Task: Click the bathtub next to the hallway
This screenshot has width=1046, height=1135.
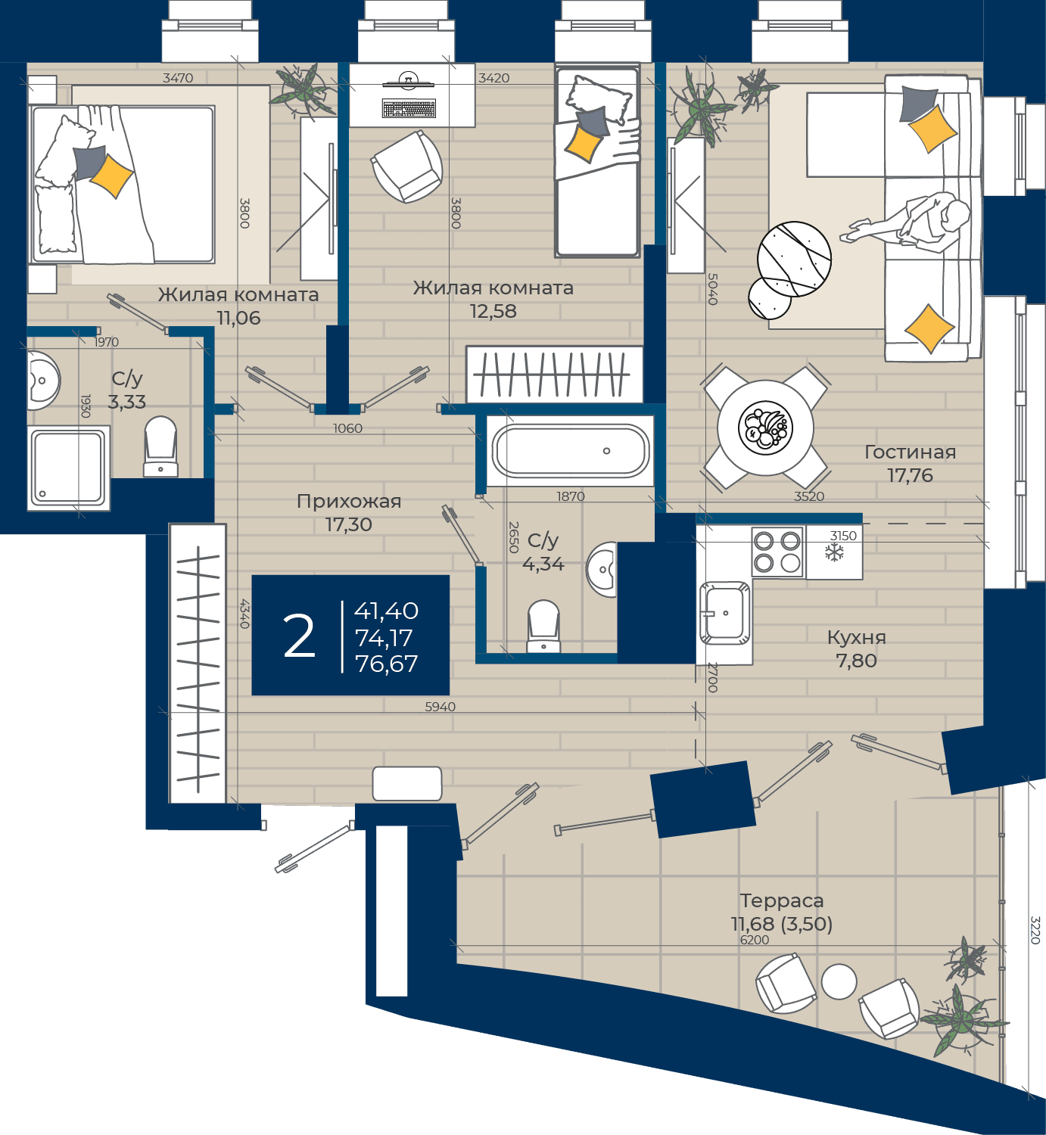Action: pyautogui.click(x=571, y=451)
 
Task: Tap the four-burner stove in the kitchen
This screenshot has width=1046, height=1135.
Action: pyautogui.click(x=777, y=552)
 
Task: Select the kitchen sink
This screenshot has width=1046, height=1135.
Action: pyautogui.click(x=724, y=614)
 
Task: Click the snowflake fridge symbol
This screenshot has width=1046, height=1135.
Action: pyautogui.click(x=834, y=552)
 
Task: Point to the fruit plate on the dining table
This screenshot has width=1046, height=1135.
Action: pyautogui.click(x=765, y=428)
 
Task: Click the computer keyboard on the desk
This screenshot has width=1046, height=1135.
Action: pyautogui.click(x=409, y=108)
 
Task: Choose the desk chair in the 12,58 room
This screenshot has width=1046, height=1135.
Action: pyautogui.click(x=406, y=166)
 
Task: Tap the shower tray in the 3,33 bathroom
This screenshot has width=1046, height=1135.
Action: pyautogui.click(x=68, y=468)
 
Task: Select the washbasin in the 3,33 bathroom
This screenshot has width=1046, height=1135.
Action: pyautogui.click(x=43, y=380)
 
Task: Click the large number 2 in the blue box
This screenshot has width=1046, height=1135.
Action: pyautogui.click(x=299, y=636)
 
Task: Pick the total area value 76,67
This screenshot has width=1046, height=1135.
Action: pyautogui.click(x=387, y=664)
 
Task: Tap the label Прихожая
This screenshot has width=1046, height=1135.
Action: pyautogui.click(x=349, y=502)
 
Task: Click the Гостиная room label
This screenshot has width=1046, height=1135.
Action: pyautogui.click(x=911, y=452)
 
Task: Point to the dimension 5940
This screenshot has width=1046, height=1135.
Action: pyautogui.click(x=441, y=707)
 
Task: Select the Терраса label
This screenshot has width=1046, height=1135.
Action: pyautogui.click(x=781, y=900)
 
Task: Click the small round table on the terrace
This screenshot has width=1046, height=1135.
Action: pyautogui.click(x=839, y=981)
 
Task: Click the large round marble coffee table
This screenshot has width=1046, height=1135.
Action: pyautogui.click(x=794, y=259)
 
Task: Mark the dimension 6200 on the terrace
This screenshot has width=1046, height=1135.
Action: pyautogui.click(x=755, y=940)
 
